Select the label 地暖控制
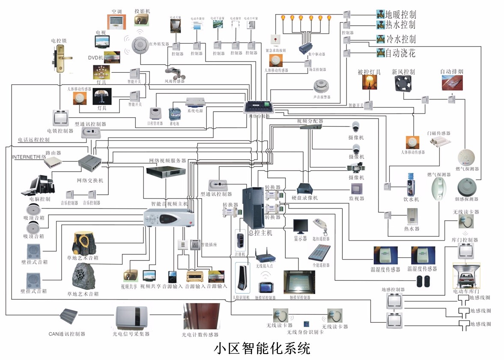click(400, 14)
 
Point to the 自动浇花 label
click(400, 54)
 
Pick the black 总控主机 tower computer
click(253, 208)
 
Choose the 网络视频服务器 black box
click(166, 171)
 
